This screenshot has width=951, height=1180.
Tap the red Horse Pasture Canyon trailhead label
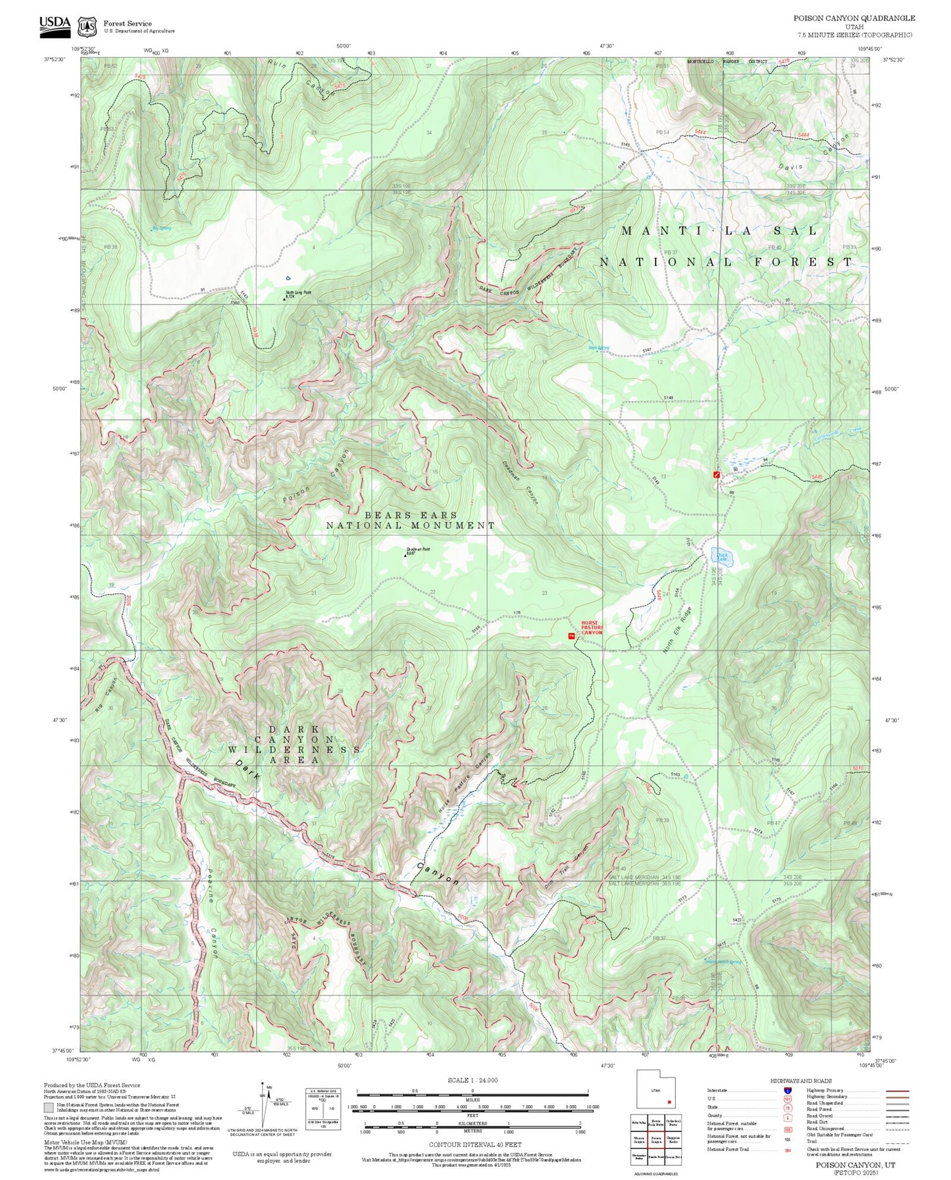592,628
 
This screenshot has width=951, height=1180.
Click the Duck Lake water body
722,557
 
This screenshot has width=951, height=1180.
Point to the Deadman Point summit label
417,551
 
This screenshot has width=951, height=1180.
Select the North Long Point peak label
297,294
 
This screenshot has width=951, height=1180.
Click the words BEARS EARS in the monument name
411,515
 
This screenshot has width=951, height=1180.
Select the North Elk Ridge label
677,629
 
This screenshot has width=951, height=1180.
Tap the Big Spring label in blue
161,228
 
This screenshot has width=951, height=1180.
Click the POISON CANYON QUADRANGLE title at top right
854,18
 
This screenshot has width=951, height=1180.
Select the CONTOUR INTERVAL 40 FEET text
472,1145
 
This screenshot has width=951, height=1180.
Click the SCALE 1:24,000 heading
472,1080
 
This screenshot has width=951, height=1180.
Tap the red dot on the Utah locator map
669,1102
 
